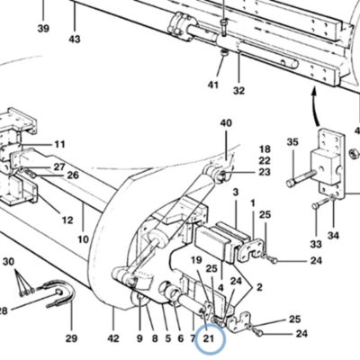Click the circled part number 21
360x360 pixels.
click(x=209, y=338)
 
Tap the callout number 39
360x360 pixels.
click(x=43, y=29)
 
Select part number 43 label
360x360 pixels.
click(x=75, y=39)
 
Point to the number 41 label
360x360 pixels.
click(x=213, y=85)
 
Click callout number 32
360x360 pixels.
click(x=238, y=90)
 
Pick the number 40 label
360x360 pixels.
click(x=226, y=123)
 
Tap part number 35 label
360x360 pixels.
click(x=292, y=141)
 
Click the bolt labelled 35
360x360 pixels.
click(x=301, y=178)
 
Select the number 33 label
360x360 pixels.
click(x=316, y=245)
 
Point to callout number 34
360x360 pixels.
click(x=333, y=236)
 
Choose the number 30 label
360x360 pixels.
click(x=8, y=262)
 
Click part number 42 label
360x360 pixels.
click(x=113, y=338)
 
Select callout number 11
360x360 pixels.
click(x=59, y=144)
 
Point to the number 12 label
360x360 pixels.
click(x=67, y=220)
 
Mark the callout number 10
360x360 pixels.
click(x=83, y=239)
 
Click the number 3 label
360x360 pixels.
click(x=236, y=192)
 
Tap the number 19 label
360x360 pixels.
click(x=196, y=260)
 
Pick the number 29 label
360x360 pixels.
click(x=71, y=338)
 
